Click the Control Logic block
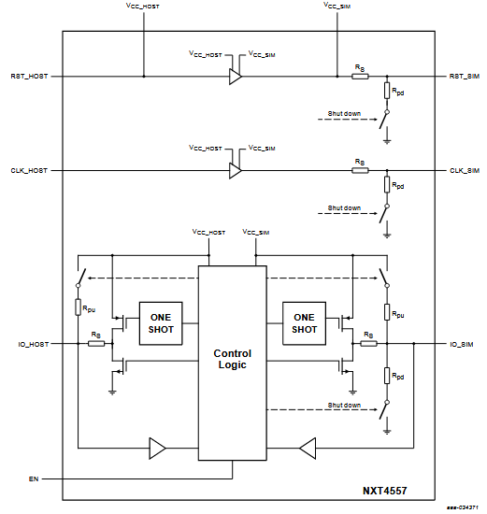coord(232,363)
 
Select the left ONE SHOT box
coord(161,323)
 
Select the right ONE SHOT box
coord(304,323)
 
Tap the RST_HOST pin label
coord(29,77)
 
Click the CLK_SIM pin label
coord(465,171)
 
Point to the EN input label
coord(34,478)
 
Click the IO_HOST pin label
coord(34,345)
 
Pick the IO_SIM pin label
coord(462,345)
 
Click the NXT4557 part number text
coord(385,491)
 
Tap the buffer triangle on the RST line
coord(236,77)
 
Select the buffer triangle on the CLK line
coord(236,170)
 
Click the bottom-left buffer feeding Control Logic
coord(157,448)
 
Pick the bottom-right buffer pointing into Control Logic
coord(308,448)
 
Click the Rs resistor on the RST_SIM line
coord(360,77)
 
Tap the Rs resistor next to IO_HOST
coord(96,344)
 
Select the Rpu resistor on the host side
coord(79,307)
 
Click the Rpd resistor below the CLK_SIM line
coord(387,184)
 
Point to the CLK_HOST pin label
coord(29,171)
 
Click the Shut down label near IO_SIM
coord(344,406)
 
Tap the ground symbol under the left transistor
coord(112,393)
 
